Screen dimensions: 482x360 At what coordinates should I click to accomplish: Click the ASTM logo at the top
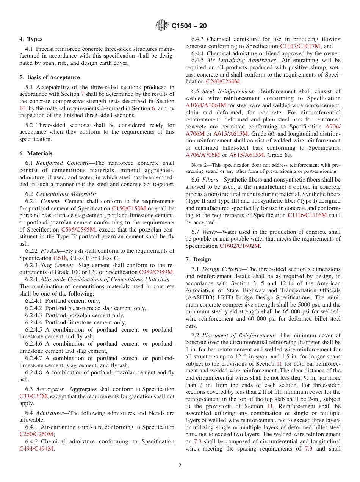click(162, 26)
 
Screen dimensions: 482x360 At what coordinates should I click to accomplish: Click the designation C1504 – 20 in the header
click(189, 26)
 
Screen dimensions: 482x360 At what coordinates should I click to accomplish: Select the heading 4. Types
click(31, 39)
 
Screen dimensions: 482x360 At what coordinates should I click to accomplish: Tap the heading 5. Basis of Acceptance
click(49, 77)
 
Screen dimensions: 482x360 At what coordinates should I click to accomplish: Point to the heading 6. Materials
click(36, 153)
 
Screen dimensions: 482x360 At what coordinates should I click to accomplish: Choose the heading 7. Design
click(198, 260)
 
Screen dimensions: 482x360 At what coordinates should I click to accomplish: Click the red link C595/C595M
click(78, 230)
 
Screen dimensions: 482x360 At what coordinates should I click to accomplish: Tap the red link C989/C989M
click(156, 272)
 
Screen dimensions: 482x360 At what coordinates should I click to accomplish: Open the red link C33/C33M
click(33, 396)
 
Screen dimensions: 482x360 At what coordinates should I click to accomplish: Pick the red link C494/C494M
click(36, 449)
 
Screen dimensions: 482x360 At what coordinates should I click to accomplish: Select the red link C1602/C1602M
click(240, 246)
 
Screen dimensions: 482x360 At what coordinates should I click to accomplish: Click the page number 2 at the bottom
click(180, 466)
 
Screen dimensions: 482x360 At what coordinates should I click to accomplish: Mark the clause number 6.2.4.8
click(34, 372)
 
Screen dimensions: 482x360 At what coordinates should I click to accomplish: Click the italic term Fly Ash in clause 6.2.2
click(50, 251)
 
